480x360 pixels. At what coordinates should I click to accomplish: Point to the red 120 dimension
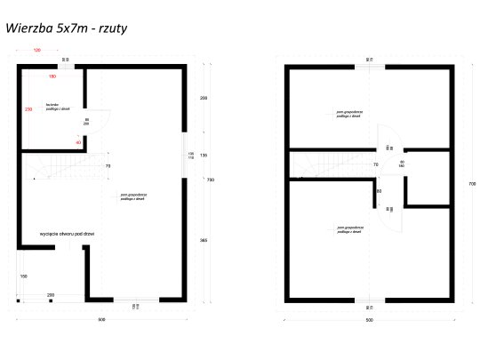coord(37,52)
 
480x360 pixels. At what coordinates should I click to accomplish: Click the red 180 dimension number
coord(41,77)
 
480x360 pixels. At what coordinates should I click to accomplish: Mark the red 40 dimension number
coord(78,142)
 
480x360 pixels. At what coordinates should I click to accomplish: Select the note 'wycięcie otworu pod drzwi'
coord(68,234)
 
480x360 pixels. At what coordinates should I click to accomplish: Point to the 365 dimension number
coord(203,240)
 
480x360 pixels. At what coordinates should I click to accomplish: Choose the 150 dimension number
coord(24,277)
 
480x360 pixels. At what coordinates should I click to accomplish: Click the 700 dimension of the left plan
coord(211,180)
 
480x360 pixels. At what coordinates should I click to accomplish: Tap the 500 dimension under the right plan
coord(368,317)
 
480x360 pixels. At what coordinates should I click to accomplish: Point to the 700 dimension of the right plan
coord(470,183)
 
